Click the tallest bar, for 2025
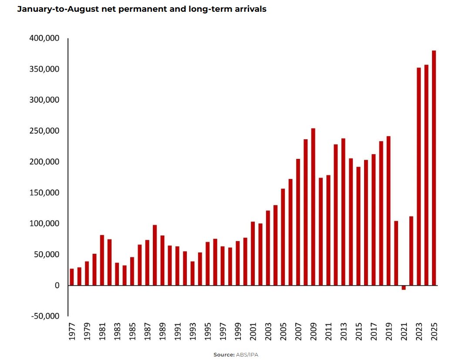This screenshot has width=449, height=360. tap(434, 168)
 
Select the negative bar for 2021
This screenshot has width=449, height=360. tap(404, 288)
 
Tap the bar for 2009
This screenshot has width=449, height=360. tap(313, 207)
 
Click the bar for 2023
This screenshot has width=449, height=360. tap(419, 176)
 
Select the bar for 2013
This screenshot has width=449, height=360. tap(343, 212)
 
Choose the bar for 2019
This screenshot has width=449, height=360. tap(388, 211)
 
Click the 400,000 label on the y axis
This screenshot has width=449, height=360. tap(44, 38)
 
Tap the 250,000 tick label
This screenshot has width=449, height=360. tap(44, 131)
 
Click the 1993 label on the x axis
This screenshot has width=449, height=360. tap(192, 333)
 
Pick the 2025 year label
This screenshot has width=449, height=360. tap(434, 333)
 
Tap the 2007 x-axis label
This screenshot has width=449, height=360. tap(298, 333)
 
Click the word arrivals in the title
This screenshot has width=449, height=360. tap(250, 9)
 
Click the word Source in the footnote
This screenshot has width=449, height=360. tap(223, 355)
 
